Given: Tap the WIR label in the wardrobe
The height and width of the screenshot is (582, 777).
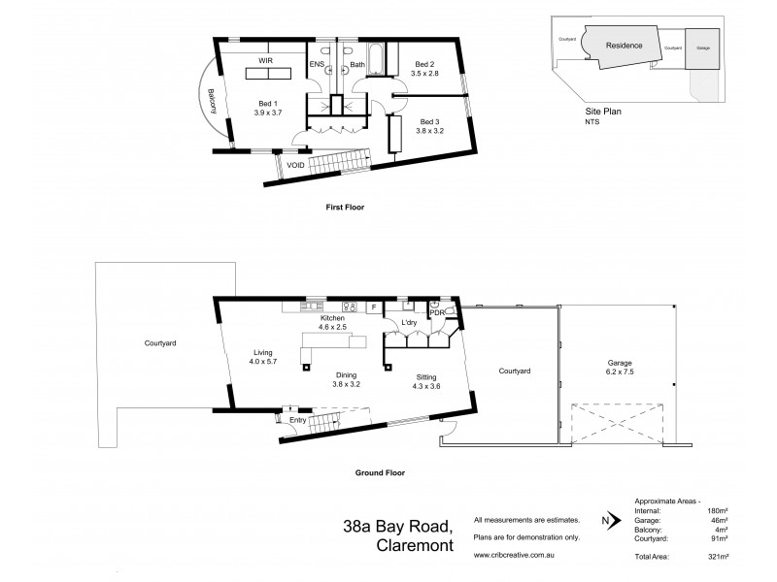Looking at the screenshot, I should pyautogui.click(x=265, y=59).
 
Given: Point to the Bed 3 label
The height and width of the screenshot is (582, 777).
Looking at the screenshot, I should pyautogui.click(x=430, y=121).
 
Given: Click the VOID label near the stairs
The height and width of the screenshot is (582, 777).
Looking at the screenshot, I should pyautogui.click(x=296, y=166).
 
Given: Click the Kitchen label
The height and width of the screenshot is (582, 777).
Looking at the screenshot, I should pyautogui.click(x=334, y=318).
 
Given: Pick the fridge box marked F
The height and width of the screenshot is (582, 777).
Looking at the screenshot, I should pyautogui.click(x=373, y=307).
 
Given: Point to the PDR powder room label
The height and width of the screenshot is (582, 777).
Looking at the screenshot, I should pyautogui.click(x=437, y=312).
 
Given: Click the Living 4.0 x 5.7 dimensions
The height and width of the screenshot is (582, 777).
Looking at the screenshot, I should pyautogui.click(x=264, y=362).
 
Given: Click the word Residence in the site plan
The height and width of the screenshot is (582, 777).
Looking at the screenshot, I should pyautogui.click(x=625, y=46).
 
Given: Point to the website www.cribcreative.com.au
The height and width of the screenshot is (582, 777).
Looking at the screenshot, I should pyautogui.click(x=515, y=555).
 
